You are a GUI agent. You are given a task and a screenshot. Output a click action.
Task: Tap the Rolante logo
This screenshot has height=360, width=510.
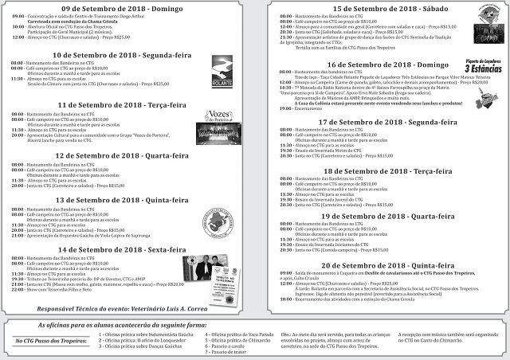222,72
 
